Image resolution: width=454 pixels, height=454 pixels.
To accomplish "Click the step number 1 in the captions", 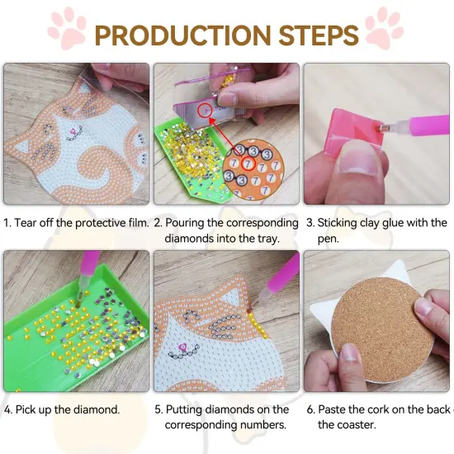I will (7, 223).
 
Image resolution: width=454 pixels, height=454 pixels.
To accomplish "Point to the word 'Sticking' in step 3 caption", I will (342, 223).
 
